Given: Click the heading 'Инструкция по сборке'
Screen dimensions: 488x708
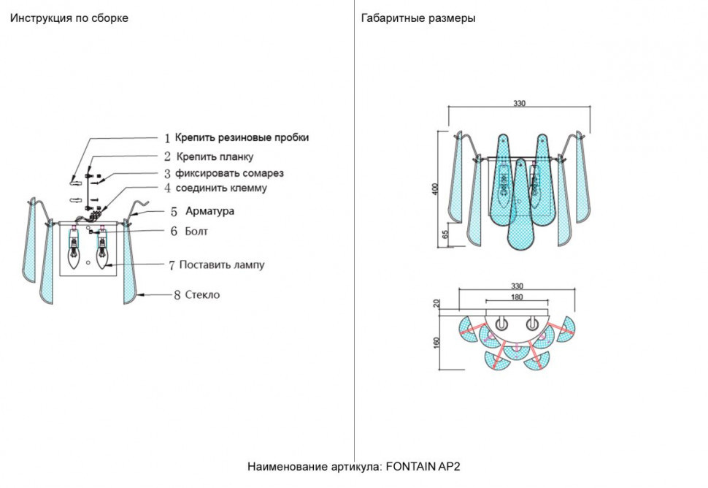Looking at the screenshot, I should (x=69, y=18).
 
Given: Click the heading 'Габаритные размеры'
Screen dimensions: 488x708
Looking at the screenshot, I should (x=418, y=18).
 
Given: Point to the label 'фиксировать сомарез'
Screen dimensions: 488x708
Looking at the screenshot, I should (x=230, y=174).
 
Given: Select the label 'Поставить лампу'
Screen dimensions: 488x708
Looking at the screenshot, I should (x=221, y=265).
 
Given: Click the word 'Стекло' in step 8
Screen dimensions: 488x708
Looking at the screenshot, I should (x=202, y=295).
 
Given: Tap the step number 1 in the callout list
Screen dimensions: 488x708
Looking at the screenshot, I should (x=167, y=138).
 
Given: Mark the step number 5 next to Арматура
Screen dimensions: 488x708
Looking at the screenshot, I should (x=174, y=212).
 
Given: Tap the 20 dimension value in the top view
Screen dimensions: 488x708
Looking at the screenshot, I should (x=436, y=304).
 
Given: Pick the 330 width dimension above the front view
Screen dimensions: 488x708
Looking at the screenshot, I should (x=518, y=104).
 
